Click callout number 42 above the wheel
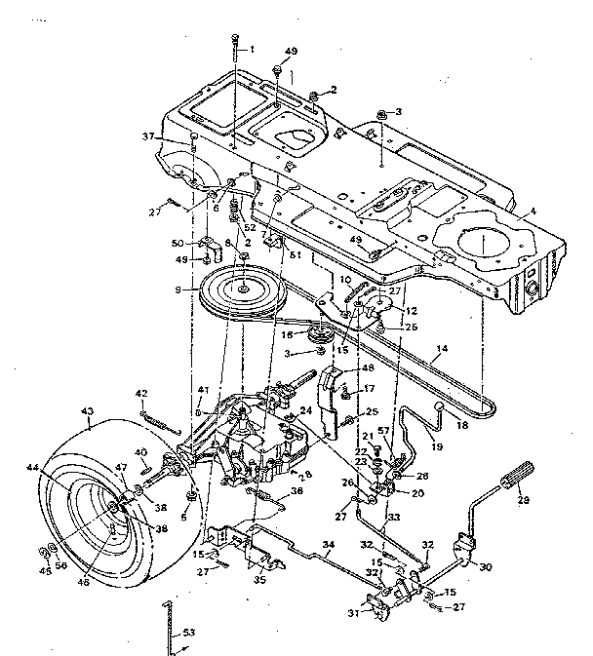pos(140,394)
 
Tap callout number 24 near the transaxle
pos(306,410)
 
